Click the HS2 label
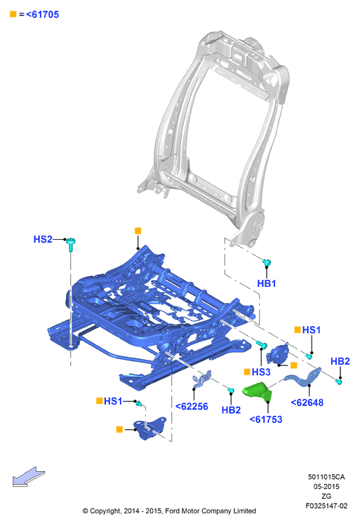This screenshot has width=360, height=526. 43,239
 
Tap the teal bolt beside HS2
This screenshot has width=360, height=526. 70,244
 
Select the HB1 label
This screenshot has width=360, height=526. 267,283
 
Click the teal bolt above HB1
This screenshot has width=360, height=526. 267,263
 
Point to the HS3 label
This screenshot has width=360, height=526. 260,372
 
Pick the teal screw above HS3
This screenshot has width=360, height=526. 261,344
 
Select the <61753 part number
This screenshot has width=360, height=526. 266,419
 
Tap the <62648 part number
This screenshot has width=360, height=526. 307,403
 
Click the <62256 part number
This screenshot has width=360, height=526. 192,407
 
